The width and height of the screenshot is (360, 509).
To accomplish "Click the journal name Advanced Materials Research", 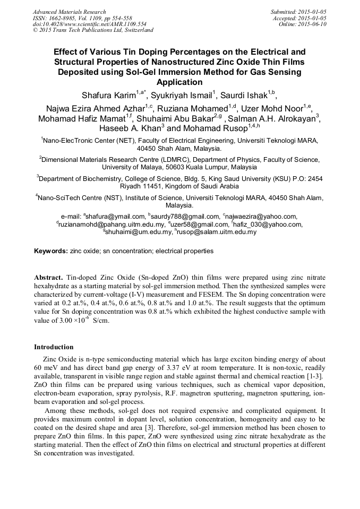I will [69, 12].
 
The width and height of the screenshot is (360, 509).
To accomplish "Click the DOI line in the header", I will [89, 24].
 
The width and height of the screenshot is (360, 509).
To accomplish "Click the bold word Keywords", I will [50, 251].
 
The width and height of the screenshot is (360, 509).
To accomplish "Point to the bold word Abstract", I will [48, 278].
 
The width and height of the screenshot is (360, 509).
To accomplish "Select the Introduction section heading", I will [54, 347].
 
